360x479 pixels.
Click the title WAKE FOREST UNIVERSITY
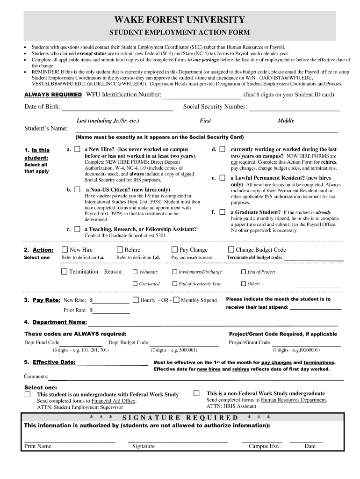pos(180,20)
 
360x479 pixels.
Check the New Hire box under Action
pos(65,250)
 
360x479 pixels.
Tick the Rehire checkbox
pos(120,250)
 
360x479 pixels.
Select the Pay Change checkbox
pos(175,250)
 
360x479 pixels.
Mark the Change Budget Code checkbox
pos(231,250)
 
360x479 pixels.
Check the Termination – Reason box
pos(65,271)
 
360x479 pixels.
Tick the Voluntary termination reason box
pos(135,272)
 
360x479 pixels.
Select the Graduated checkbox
pos(135,283)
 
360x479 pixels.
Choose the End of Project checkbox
pos(243,272)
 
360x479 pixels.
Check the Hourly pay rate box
pos(136,300)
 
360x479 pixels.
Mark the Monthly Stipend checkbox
pos(176,300)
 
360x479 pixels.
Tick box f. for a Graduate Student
pos(223,212)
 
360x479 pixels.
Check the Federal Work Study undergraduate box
pos(28,394)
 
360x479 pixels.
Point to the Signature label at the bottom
pos(143,446)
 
